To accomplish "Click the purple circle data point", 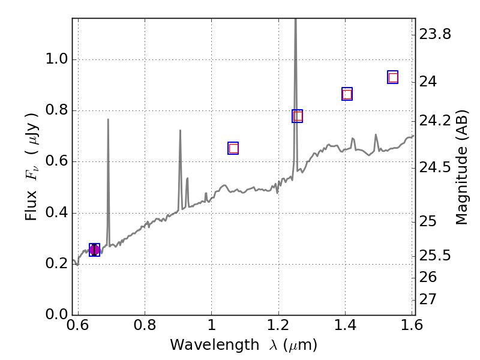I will click(x=94, y=250).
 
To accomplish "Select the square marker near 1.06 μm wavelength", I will click(x=233, y=148).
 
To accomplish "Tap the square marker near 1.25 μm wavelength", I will click(x=297, y=116).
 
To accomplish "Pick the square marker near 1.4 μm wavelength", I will click(x=347, y=94).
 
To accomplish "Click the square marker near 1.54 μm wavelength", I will click(x=393, y=77).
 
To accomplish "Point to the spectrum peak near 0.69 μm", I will click(x=108, y=119).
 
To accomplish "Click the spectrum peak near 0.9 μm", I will click(x=180, y=130).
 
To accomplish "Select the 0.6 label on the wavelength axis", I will click(x=78, y=326).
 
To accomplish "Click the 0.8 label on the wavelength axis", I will click(x=145, y=326).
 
